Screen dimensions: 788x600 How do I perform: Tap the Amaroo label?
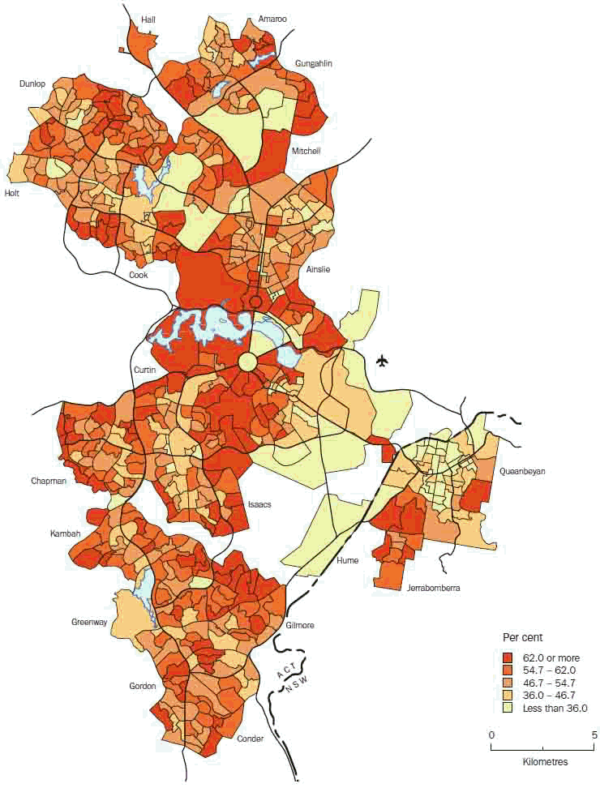tap(272, 18)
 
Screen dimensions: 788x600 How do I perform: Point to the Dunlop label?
tap(33, 84)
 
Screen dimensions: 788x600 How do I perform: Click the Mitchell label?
tap(306, 152)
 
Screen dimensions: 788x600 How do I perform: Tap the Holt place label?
tap(12, 193)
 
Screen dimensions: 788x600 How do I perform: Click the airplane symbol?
tap(383, 362)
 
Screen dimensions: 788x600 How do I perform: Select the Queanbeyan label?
tap(525, 470)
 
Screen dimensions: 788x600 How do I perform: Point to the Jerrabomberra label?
tap(433, 589)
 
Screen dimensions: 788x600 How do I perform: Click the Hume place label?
tap(347, 561)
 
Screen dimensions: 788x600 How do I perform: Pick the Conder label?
tap(251, 739)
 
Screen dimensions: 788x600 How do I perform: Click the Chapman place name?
tap(49, 481)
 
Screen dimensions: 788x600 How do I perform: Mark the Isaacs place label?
tap(259, 504)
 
